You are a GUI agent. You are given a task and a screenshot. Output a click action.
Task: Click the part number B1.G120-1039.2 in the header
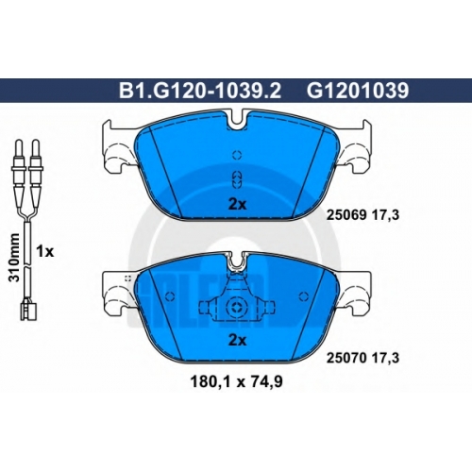(200, 91)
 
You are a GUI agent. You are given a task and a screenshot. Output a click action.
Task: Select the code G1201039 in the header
(358, 91)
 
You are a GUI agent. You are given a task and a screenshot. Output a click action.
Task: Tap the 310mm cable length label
(14, 258)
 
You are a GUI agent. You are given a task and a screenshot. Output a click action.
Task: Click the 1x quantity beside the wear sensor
(45, 251)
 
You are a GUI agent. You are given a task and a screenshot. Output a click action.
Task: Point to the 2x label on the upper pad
(238, 205)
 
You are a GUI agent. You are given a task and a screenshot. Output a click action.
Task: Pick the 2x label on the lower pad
(238, 340)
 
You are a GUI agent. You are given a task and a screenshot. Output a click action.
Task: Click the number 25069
(346, 215)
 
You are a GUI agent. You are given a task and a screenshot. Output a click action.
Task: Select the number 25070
(346, 358)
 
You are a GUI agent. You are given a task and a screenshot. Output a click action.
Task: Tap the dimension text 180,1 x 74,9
(237, 381)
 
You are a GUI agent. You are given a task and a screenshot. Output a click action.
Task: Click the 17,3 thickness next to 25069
(386, 215)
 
